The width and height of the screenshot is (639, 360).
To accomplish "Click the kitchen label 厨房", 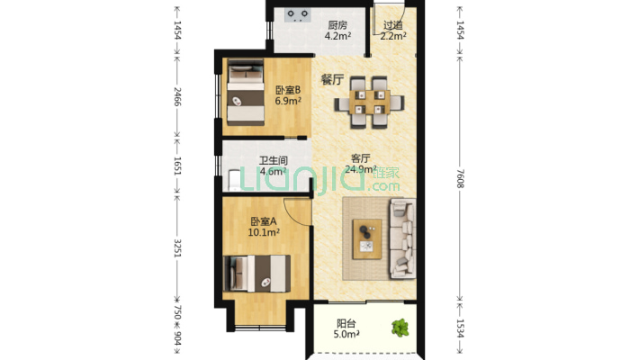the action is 337,25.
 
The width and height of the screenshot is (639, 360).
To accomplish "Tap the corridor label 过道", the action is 393,26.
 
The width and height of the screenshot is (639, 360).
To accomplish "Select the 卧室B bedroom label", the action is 288,90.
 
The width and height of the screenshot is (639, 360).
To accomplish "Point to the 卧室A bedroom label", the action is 264,221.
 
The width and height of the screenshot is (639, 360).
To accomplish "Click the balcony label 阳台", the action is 346,324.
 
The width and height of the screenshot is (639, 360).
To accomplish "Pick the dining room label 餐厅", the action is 332,79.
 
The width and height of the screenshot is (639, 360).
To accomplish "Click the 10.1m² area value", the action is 264,233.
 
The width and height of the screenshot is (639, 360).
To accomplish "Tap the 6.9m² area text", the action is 288,101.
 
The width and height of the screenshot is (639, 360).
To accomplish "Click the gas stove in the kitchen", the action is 298,15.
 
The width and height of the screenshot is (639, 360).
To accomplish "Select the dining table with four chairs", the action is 369,102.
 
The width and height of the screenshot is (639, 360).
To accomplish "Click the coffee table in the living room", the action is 367,238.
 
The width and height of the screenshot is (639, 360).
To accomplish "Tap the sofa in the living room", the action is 402,238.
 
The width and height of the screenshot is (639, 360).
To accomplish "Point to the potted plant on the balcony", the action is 400,328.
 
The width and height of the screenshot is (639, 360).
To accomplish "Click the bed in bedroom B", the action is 246,93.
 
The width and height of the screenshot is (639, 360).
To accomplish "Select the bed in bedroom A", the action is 257,274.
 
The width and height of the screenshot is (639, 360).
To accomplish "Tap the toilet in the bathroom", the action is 233,181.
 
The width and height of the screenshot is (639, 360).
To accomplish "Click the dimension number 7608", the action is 460,178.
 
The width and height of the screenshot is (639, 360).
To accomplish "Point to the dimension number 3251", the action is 177,247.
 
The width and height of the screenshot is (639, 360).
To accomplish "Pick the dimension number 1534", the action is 460,328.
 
